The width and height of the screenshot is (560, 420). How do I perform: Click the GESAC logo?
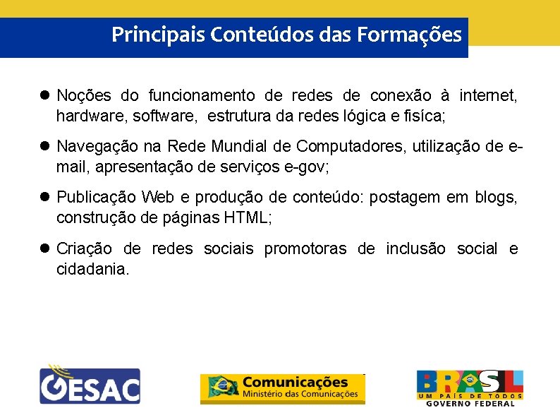90,385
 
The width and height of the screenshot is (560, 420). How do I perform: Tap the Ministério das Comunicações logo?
283,388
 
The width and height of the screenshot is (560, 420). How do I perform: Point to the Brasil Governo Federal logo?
469,388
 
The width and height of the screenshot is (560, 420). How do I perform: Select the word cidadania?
92,269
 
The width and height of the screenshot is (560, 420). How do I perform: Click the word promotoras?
305,248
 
